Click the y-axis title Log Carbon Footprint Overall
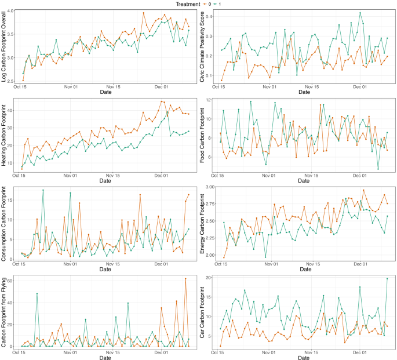[4, 46]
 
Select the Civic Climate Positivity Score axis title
[202, 46]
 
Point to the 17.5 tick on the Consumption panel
[12, 190]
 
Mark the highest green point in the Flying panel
[37, 293]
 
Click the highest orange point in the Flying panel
[185, 279]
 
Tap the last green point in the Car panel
[387, 279]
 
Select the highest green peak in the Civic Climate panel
[360, 13]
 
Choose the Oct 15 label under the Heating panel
[21, 174]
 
